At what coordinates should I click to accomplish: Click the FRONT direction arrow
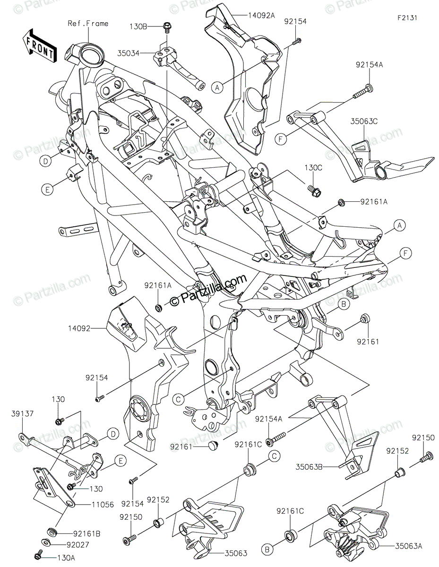click(39, 46)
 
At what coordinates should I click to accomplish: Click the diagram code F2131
click(407, 18)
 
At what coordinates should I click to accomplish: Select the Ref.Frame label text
click(88, 24)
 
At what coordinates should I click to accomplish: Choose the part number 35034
click(129, 53)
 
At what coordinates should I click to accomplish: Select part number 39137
click(22, 413)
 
